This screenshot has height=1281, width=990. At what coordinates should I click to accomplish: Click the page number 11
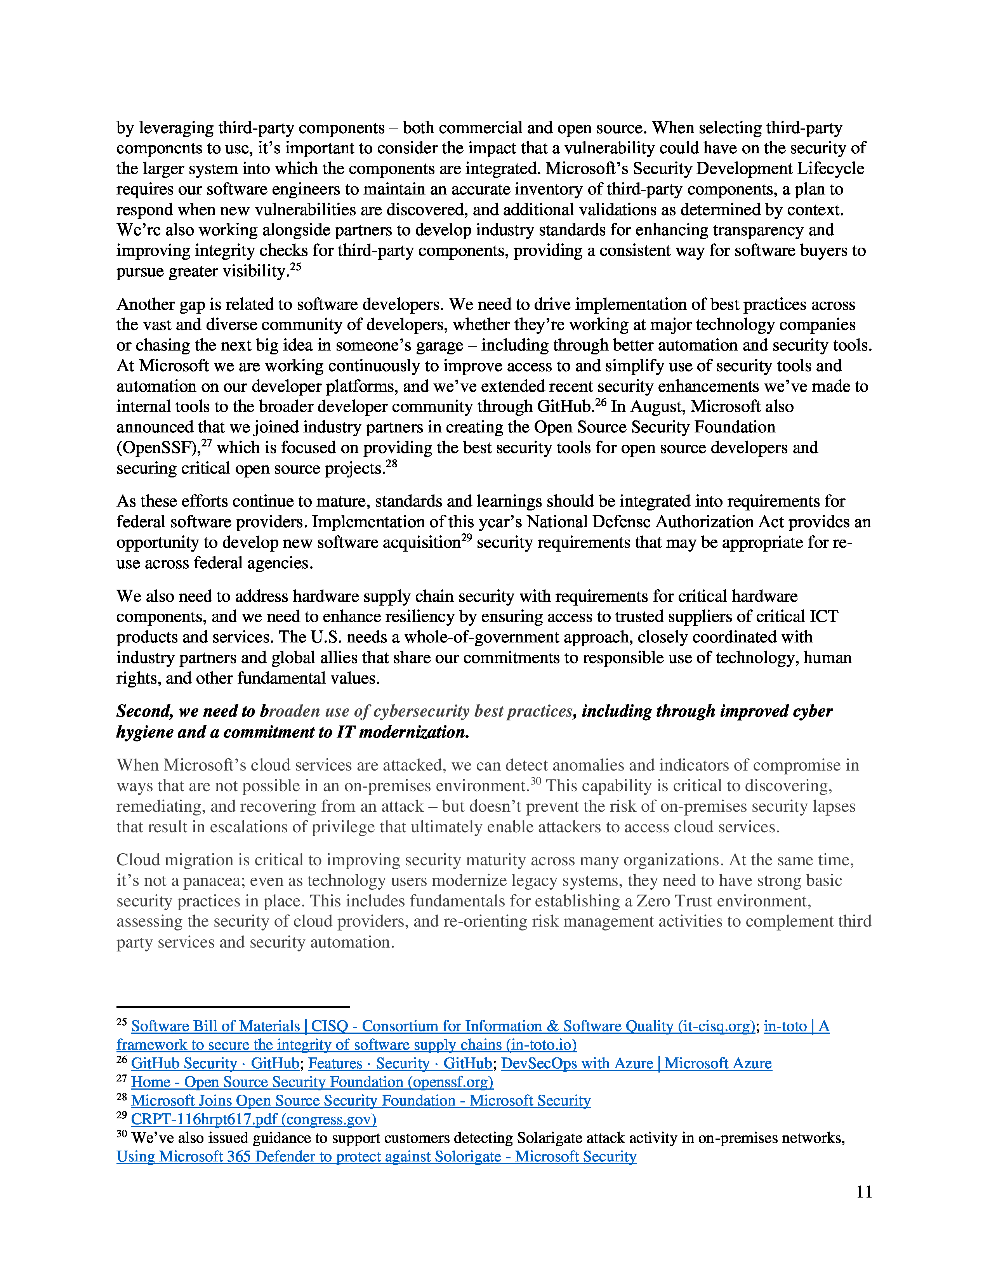point(864,1192)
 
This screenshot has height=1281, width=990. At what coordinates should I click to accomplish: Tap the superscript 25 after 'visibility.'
point(295,267)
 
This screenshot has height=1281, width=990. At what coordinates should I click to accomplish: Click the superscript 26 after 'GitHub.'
point(601,403)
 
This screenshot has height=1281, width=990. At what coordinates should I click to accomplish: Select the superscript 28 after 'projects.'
point(391,464)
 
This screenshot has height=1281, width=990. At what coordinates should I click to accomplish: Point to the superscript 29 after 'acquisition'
point(466,538)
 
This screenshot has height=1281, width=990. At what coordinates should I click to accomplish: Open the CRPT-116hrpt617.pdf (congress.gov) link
point(254,1119)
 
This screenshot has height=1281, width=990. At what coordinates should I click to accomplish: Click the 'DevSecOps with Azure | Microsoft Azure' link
point(636,1063)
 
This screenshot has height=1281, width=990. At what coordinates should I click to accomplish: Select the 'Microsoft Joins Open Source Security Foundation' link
point(361,1100)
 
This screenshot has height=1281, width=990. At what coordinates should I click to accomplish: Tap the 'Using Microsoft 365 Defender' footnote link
point(377,1157)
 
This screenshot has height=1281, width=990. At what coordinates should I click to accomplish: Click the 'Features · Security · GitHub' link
point(400,1063)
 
